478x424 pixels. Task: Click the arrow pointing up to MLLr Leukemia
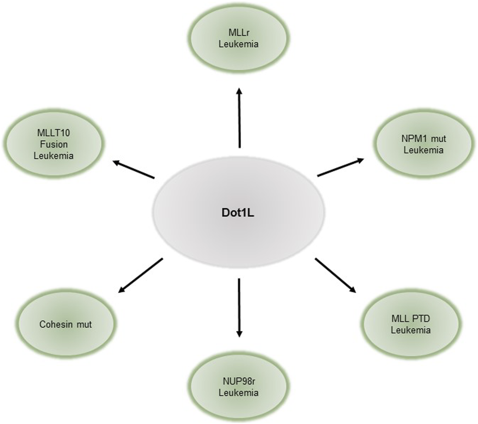pos(239,118)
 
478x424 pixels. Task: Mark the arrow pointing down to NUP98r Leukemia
pos(239,307)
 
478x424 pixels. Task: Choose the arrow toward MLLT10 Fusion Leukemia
pos(134,170)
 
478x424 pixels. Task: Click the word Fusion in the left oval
pos(54,144)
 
